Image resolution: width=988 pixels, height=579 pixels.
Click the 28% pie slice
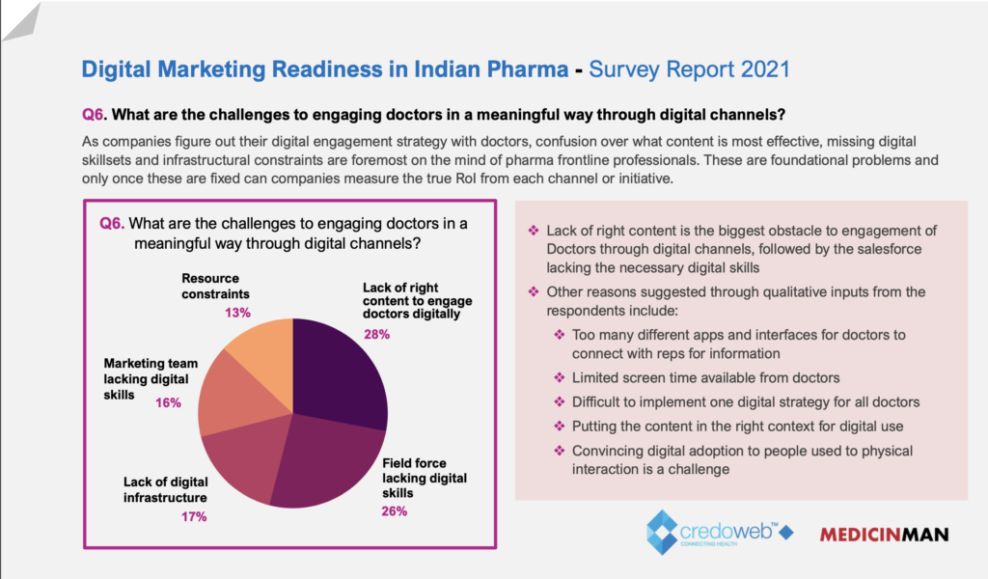point(340,372)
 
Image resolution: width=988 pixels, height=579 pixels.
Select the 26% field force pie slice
point(323,463)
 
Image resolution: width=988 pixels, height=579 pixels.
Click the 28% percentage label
point(376,335)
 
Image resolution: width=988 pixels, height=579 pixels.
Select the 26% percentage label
point(395,510)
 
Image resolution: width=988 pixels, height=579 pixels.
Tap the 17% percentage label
point(194,516)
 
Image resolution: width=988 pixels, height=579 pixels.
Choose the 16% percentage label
point(168,402)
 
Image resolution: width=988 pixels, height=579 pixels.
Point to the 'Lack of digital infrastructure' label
point(165,489)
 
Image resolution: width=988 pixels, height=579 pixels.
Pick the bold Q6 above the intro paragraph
point(93,114)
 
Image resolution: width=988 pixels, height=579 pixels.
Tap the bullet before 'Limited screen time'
point(559,377)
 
